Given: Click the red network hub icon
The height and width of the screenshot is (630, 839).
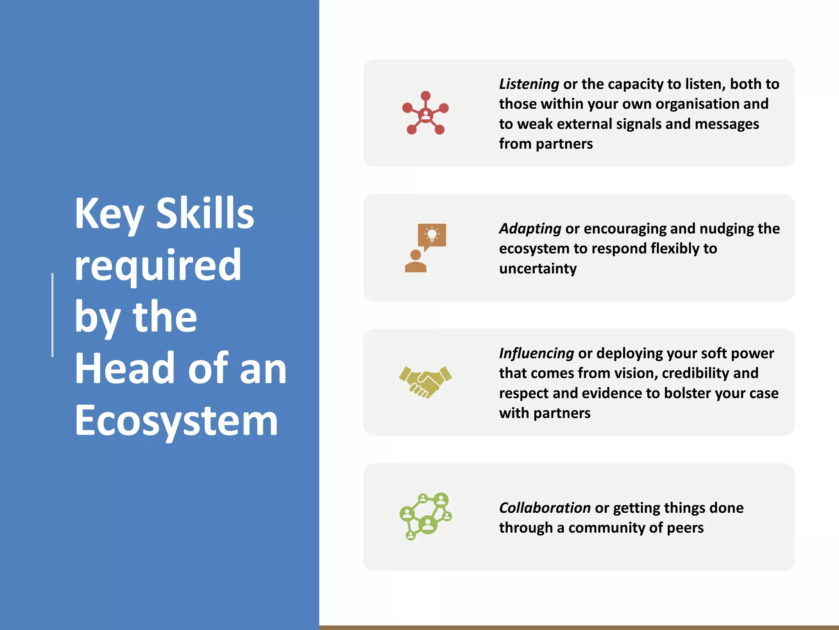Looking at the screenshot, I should [x=425, y=113].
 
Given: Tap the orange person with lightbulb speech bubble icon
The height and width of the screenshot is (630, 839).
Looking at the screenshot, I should [x=425, y=248].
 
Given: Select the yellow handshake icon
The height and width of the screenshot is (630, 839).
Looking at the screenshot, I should [x=425, y=382].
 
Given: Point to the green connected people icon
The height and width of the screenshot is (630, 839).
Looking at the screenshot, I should [x=425, y=516].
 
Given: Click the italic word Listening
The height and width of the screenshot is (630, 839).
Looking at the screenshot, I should [x=529, y=84].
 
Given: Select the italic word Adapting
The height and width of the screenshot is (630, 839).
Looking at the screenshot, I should [x=530, y=229].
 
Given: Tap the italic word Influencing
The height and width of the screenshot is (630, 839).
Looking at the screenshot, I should [x=536, y=353].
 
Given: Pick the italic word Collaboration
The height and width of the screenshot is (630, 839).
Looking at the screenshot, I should [x=544, y=508].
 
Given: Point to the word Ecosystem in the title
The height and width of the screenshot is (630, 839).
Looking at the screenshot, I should [x=177, y=420].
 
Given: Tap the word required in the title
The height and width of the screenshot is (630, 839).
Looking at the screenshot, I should [x=158, y=266].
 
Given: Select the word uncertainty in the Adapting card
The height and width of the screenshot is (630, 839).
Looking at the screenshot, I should [x=537, y=269].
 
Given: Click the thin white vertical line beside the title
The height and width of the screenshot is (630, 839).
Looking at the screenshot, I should [x=52, y=315].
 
